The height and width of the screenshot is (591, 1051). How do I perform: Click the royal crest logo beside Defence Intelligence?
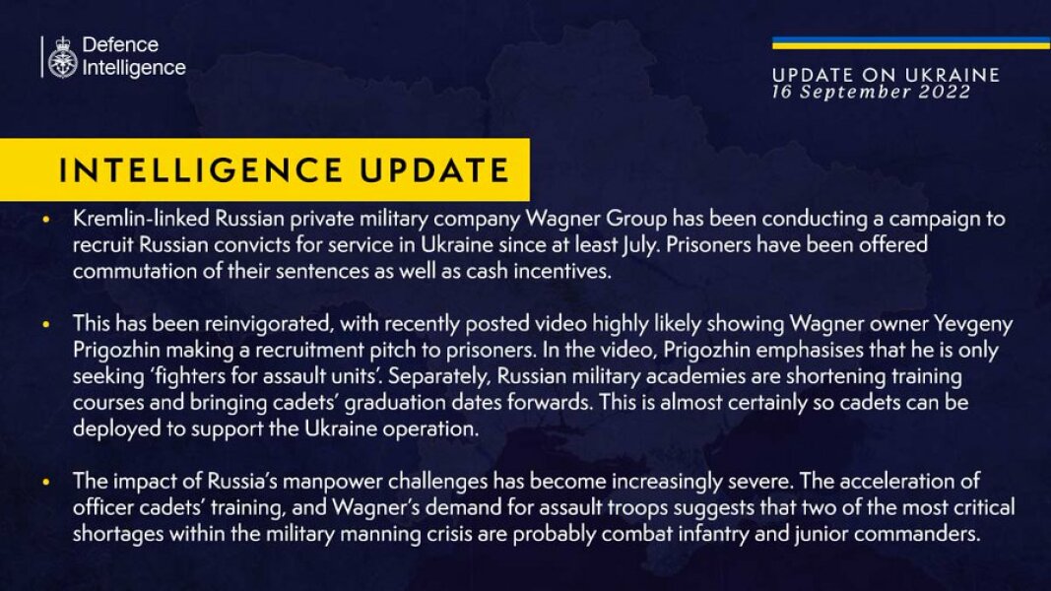(63, 57)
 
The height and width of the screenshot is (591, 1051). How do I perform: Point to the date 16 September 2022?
(871, 92)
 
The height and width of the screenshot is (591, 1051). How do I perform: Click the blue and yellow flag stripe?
(910, 43)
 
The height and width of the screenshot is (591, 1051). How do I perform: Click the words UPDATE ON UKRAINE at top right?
(886, 75)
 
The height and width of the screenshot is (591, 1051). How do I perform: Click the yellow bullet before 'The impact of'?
(46, 484)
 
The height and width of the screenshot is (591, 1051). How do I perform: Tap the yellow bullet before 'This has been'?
(46, 325)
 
